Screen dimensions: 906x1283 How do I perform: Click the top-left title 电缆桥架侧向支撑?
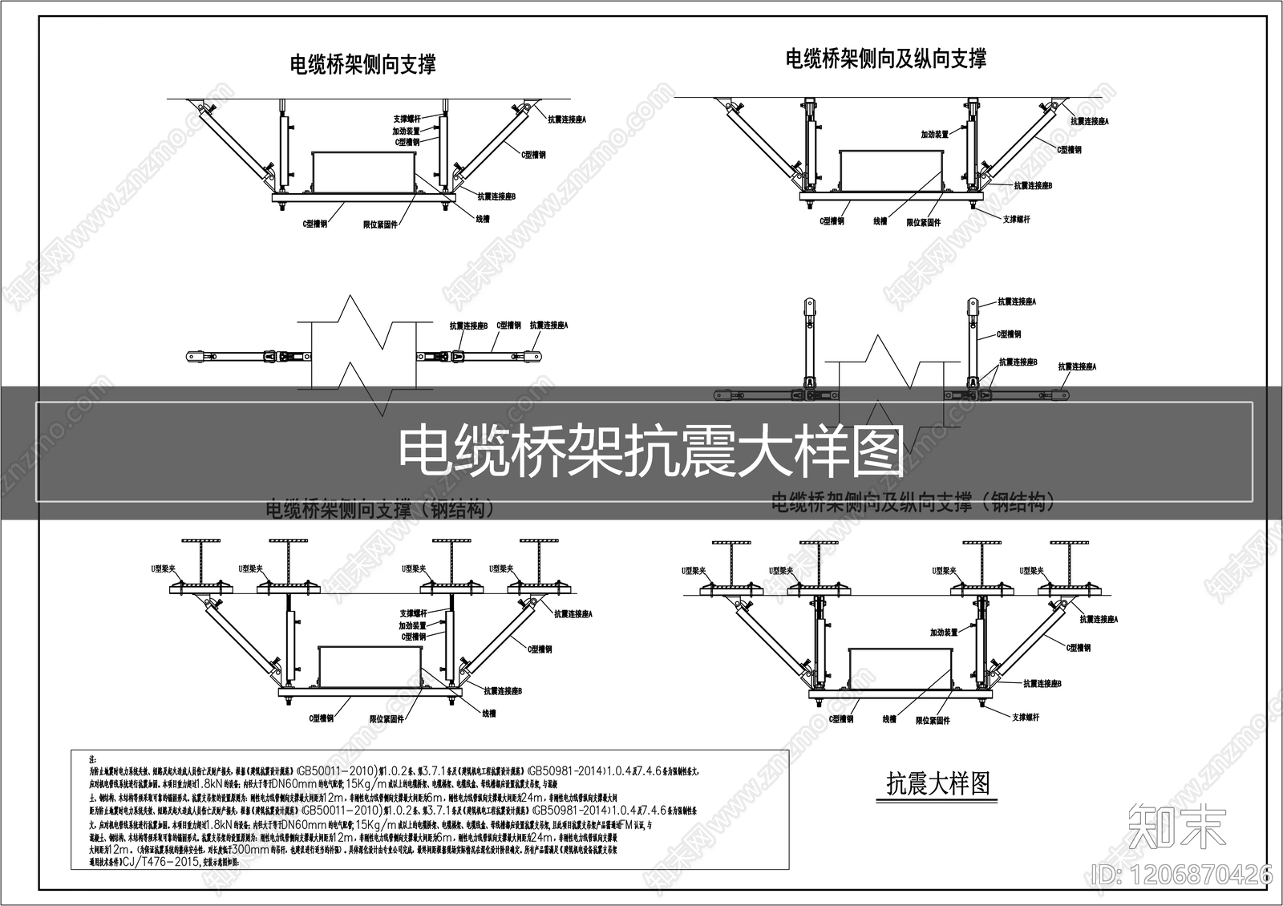pyautogui.click(x=362, y=64)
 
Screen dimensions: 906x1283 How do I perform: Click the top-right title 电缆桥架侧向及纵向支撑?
pyautogui.click(x=885, y=59)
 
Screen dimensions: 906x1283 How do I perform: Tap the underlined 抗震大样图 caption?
pyautogui.click(x=937, y=783)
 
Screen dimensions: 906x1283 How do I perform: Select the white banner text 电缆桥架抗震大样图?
pyautogui.click(x=651, y=451)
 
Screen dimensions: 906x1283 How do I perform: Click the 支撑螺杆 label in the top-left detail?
pyautogui.click(x=407, y=119)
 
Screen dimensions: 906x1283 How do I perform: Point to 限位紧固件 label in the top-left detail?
pyautogui.click(x=380, y=225)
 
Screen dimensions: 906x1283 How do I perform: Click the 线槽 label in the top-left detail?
pyautogui.click(x=483, y=218)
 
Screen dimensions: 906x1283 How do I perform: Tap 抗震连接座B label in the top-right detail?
pyautogui.click(x=1033, y=186)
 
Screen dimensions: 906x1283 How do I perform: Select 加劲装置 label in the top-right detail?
pyautogui.click(x=934, y=135)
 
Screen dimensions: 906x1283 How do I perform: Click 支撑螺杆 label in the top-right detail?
pyautogui.click(x=1016, y=219)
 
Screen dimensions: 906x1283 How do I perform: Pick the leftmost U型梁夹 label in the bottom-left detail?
pyautogui.click(x=164, y=568)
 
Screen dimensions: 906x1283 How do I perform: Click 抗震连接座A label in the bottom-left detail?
pyautogui.click(x=573, y=614)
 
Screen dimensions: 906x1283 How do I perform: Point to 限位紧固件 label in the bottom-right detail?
pyautogui.click(x=933, y=721)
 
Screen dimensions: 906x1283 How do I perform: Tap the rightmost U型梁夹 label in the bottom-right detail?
pyautogui.click(x=1031, y=571)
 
